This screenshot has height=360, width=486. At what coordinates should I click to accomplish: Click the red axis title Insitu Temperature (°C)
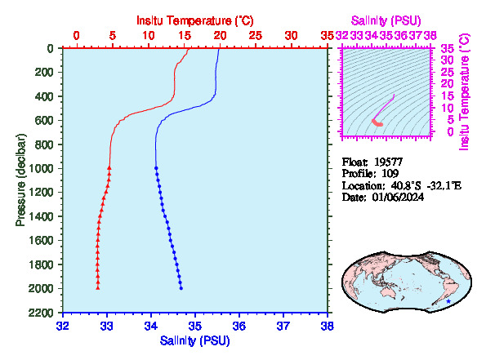(x=195, y=20)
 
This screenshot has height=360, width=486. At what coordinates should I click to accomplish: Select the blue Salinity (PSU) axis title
(x=195, y=340)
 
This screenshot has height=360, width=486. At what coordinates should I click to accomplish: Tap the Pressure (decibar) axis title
(x=20, y=180)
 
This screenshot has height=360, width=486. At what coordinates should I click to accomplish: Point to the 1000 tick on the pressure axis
(x=41, y=168)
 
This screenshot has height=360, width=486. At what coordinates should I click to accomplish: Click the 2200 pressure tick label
(x=41, y=313)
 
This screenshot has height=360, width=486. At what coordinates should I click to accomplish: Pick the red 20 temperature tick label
(x=220, y=36)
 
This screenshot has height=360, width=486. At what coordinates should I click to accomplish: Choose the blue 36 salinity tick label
(x=239, y=326)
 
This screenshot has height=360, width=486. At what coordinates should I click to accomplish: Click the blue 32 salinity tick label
(x=63, y=326)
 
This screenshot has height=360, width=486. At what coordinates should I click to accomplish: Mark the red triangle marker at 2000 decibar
(x=98, y=288)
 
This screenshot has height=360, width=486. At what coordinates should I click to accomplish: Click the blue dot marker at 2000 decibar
(x=181, y=288)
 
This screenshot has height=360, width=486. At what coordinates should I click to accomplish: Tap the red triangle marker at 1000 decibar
(x=109, y=168)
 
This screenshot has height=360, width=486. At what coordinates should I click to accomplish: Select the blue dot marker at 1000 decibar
(x=156, y=168)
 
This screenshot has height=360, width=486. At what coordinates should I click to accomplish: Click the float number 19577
(x=388, y=162)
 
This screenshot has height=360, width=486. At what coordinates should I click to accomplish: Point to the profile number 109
(x=390, y=174)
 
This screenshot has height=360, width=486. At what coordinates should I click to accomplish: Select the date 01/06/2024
(x=398, y=197)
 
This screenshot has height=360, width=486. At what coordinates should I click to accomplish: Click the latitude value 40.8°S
(x=406, y=185)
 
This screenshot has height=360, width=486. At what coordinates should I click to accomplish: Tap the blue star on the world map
(x=448, y=301)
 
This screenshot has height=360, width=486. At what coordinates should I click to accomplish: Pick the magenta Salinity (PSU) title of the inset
(x=386, y=20)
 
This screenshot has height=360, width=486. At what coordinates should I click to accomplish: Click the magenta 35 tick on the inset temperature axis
(x=448, y=48)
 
